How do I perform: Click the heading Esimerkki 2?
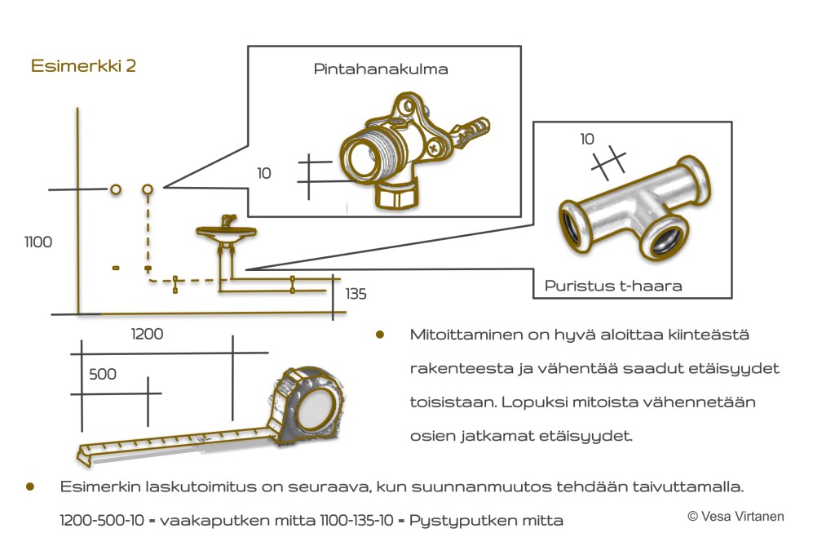[83, 66]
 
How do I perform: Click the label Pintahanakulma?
[381, 69]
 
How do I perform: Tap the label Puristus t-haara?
[613, 286]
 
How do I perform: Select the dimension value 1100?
[38, 242]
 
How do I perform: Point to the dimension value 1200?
[147, 333]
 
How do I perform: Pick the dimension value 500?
[103, 374]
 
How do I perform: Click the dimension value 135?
[356, 294]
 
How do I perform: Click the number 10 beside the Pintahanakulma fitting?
[263, 173]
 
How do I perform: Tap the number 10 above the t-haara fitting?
[587, 139]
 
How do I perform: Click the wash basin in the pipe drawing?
[226, 233]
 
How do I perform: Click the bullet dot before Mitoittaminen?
[379, 335]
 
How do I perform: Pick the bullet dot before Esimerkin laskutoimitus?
[30, 486]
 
